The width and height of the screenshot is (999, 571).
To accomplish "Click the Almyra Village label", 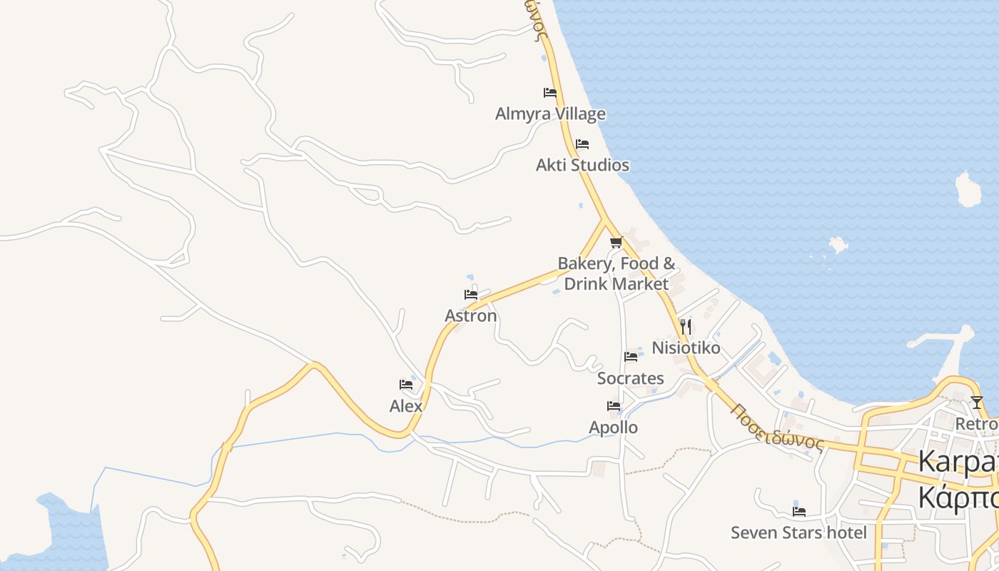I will click(x=550, y=113).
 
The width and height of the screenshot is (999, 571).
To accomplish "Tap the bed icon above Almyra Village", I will click(x=549, y=93).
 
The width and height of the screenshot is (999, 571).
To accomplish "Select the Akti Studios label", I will click(x=582, y=165).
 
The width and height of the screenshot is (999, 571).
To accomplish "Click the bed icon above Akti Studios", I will click(x=582, y=144).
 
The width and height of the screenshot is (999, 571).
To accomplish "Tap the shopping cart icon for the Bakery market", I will click(x=617, y=243).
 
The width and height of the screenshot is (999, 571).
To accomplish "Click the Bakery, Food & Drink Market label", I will click(x=617, y=273).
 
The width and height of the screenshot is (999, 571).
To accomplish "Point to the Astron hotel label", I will click(x=471, y=315).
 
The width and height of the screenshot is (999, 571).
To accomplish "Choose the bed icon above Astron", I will click(x=471, y=294).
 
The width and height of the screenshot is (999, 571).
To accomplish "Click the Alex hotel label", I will click(x=406, y=406).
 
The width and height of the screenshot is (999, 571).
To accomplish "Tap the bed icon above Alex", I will click(x=406, y=385).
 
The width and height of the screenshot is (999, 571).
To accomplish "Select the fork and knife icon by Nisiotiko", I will click(x=685, y=327).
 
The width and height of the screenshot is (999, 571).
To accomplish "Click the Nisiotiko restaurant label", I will click(x=686, y=348).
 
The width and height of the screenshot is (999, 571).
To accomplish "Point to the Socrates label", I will click(x=631, y=378).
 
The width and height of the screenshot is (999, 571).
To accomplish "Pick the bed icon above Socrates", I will click(x=631, y=357).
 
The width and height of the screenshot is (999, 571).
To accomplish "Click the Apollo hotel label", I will click(x=614, y=428).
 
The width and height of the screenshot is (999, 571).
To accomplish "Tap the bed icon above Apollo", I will click(x=614, y=406).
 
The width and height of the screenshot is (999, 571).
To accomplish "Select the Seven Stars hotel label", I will click(x=798, y=532).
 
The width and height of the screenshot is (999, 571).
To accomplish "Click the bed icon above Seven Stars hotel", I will click(x=799, y=511).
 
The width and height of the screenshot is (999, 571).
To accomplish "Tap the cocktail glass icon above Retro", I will click(x=977, y=403).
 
